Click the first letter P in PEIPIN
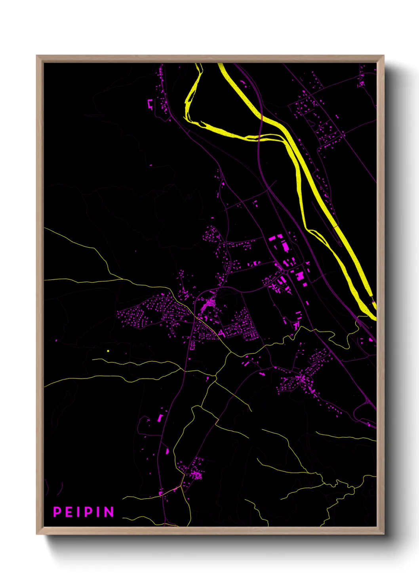point(57,512)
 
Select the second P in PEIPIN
point(88,512)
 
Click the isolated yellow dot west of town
point(108,351)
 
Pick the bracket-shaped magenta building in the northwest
point(150,104)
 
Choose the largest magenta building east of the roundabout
point(300,276)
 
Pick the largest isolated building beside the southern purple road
point(160,418)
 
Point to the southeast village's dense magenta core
point(302,379)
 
